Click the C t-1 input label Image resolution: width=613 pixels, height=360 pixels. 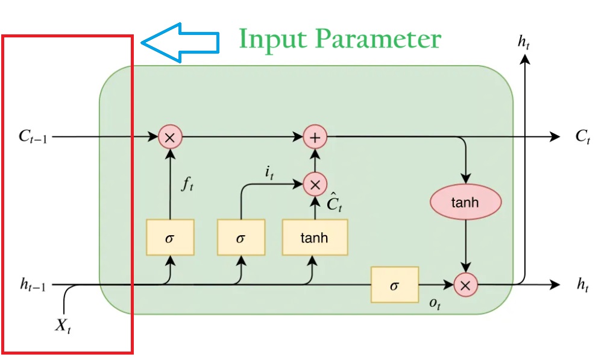click(33, 137)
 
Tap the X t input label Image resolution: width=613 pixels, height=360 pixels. click(64, 326)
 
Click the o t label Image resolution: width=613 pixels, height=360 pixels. click(434, 304)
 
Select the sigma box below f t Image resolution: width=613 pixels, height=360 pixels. click(170, 237)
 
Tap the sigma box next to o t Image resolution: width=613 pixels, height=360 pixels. click(394, 284)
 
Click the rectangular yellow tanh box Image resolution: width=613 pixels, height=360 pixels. click(315, 237)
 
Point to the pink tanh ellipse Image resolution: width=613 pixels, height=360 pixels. click(465, 202)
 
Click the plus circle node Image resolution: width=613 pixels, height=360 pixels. click(315, 137)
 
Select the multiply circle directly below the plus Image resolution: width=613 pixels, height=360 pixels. click(315, 185)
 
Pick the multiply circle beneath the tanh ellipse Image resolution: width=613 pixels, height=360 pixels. click(465, 285)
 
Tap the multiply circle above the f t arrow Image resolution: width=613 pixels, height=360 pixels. click(170, 137)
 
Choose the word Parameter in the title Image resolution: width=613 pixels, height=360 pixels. click(380, 40)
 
